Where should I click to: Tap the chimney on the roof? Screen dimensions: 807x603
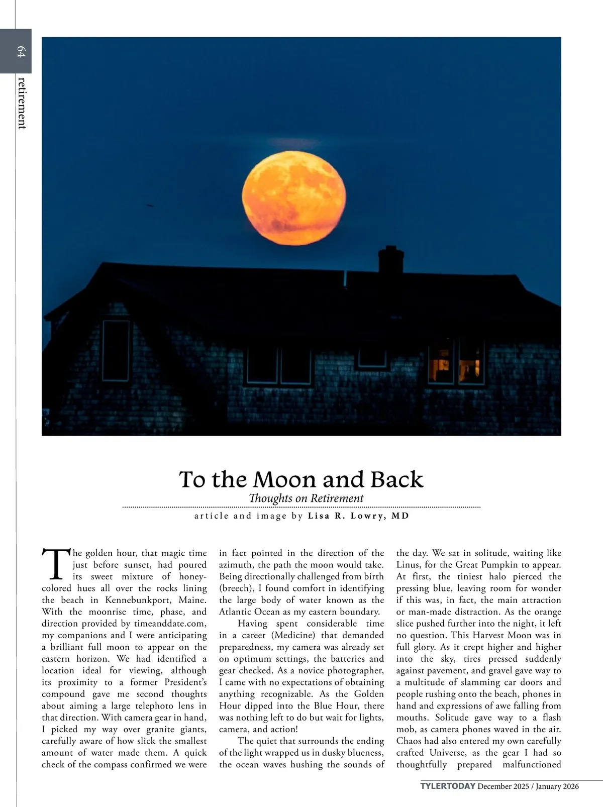pyautogui.click(x=390, y=259)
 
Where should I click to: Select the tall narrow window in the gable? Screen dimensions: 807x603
pyautogui.click(x=116, y=350)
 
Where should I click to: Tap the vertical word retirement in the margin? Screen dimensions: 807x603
pyautogui.click(x=22, y=103)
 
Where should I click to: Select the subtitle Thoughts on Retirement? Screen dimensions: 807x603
pyautogui.click(x=306, y=498)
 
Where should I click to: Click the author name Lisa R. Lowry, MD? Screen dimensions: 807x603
pyautogui.click(x=358, y=516)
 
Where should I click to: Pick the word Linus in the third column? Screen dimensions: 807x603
pyautogui.click(x=408, y=565)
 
